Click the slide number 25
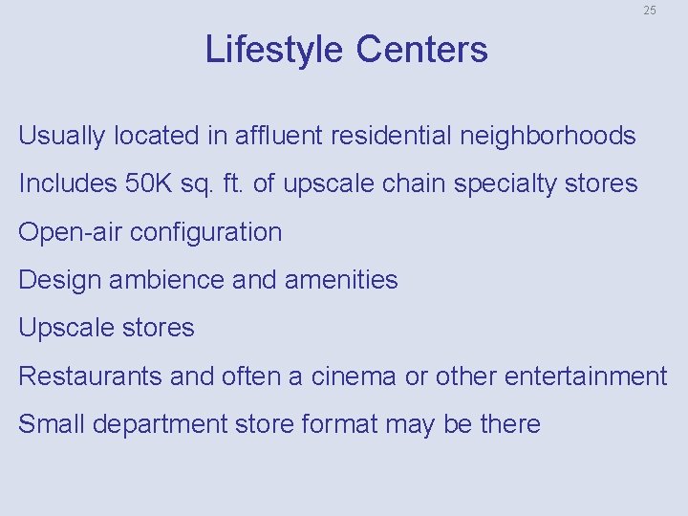[650, 11]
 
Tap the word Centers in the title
[422, 50]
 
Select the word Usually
[62, 137]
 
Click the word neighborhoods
[548, 137]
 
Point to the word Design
[60, 281]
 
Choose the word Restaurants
[91, 376]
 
